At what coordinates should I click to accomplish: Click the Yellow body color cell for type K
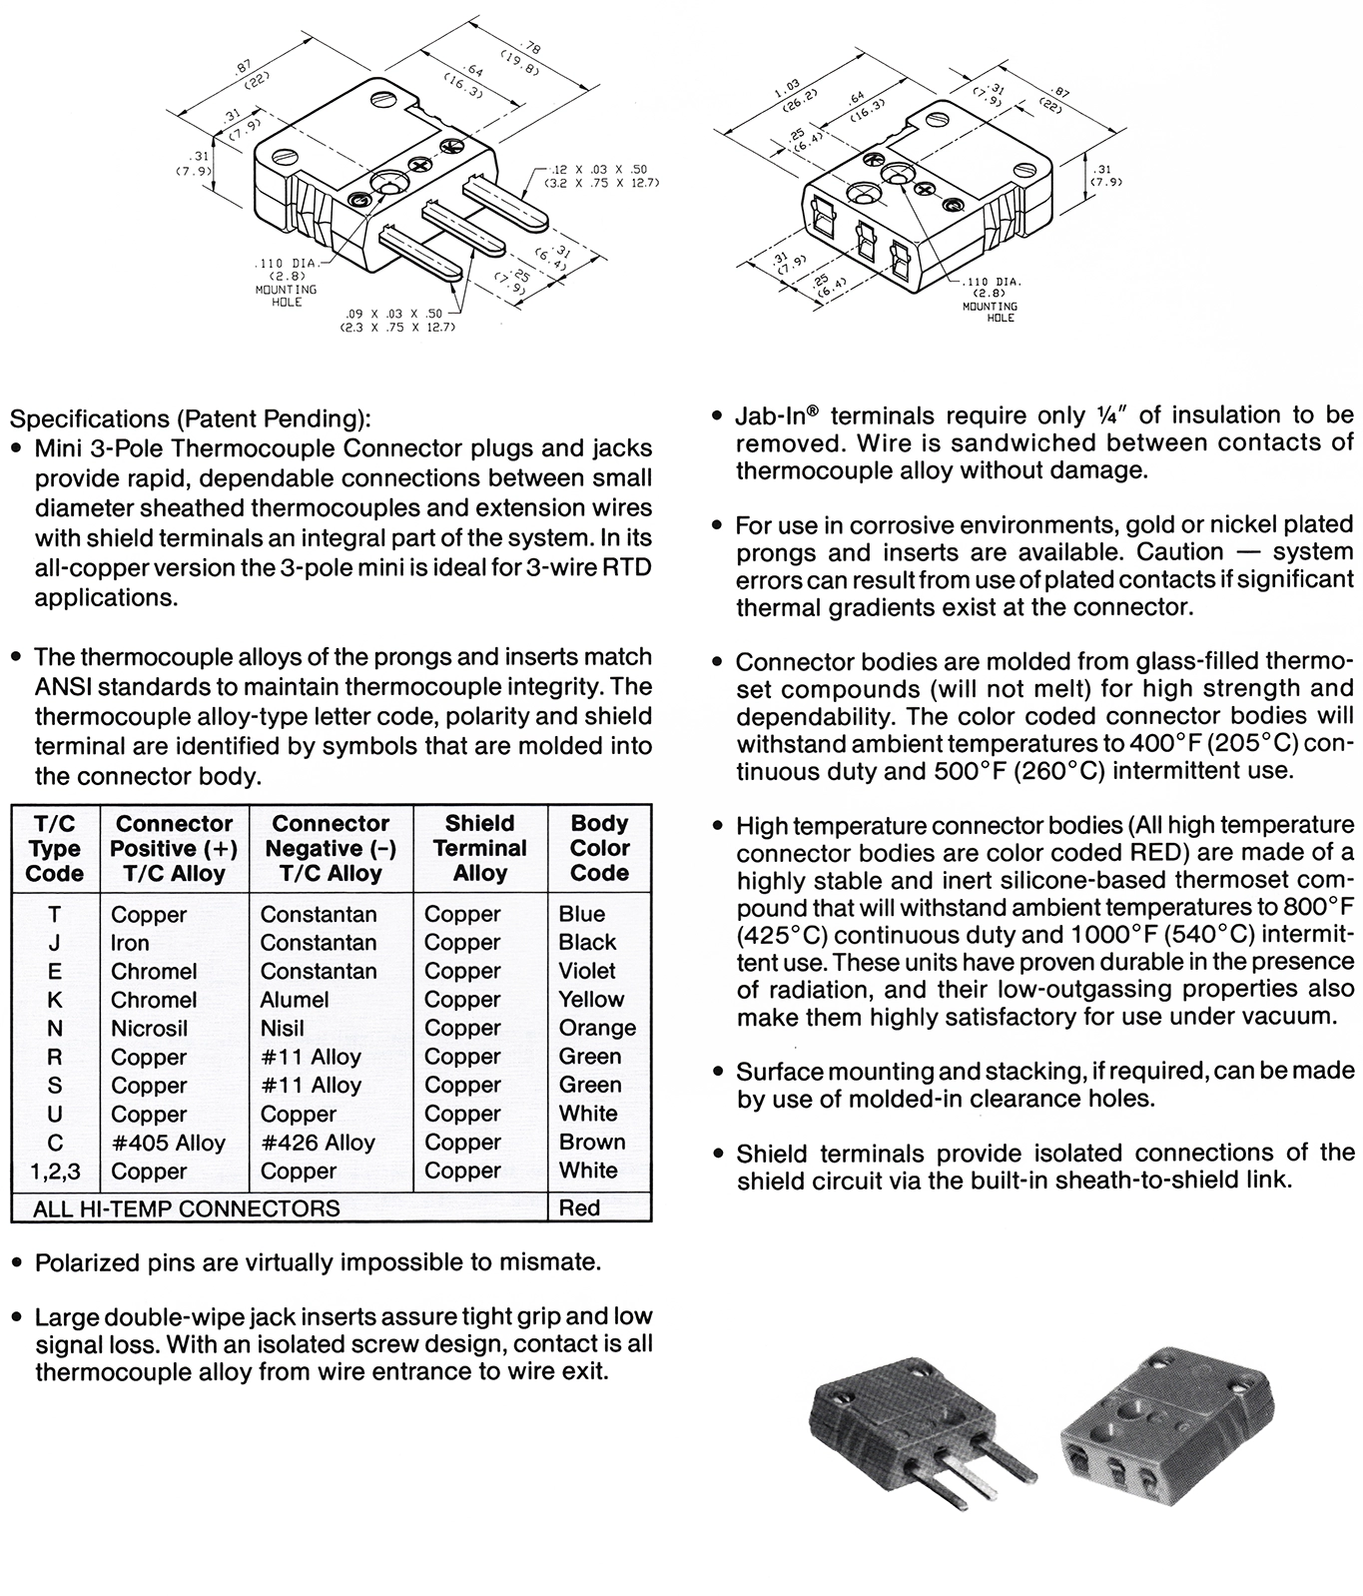click(x=591, y=1000)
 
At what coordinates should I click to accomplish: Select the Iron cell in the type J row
click(x=130, y=943)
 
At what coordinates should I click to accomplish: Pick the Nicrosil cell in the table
click(x=149, y=1029)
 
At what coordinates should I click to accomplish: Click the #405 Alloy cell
click(x=168, y=1143)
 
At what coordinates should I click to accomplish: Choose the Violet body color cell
click(x=587, y=971)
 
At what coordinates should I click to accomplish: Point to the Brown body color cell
click(x=592, y=1143)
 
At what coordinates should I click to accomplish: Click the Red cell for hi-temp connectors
click(x=579, y=1208)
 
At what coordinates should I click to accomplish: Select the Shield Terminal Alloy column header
click(x=480, y=848)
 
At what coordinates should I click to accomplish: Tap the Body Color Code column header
click(x=599, y=848)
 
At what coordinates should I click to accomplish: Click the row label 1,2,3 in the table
click(x=55, y=1172)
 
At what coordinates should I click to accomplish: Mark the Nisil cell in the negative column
click(x=282, y=1029)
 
